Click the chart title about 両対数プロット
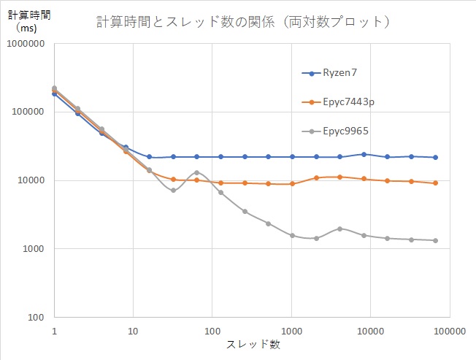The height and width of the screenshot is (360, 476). pos(243,22)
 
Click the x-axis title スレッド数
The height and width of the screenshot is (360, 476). pos(252,345)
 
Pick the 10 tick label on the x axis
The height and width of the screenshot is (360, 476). pos(133,331)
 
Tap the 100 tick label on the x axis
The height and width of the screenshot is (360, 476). pos(212,331)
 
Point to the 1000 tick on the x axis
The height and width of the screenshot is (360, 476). pos(291,331)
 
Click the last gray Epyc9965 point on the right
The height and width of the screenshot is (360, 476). pos(435,240)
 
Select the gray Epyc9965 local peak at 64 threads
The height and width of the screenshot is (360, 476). pos(196,172)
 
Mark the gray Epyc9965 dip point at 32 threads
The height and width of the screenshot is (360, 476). pos(173,190)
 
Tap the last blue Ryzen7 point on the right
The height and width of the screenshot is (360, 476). pos(435,157)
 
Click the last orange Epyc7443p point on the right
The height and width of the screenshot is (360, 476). pos(435,183)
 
